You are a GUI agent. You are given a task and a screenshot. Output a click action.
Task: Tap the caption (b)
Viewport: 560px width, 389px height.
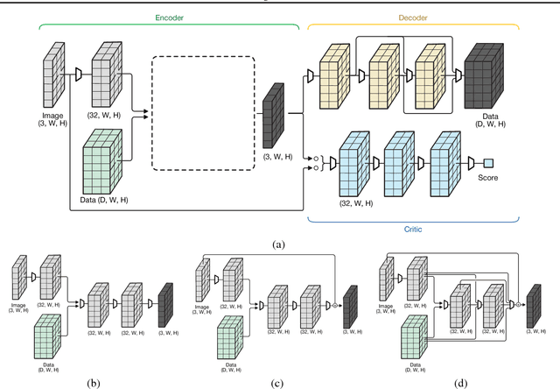tap(91, 381)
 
